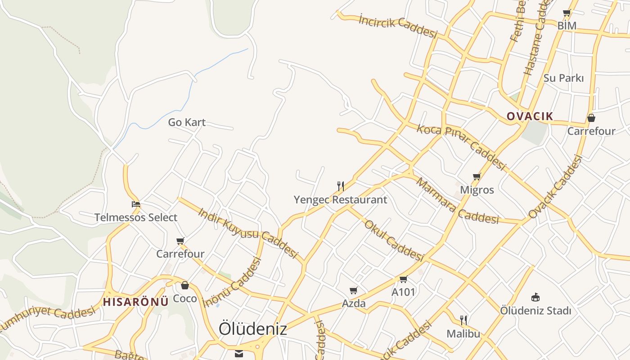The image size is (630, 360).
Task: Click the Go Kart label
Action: click(x=187, y=122)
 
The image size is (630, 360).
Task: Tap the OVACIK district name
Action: click(x=530, y=116)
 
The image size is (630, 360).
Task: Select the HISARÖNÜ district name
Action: click(x=135, y=301)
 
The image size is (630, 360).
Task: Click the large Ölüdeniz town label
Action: click(x=252, y=329)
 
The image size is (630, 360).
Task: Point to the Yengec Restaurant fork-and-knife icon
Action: click(x=341, y=186)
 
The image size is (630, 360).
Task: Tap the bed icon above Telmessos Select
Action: click(x=136, y=204)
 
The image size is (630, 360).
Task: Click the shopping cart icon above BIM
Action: click(x=567, y=13)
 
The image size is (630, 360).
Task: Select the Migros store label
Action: click(x=477, y=190)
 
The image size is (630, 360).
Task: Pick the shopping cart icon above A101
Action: click(x=403, y=279)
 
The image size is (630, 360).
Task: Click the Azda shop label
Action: click(x=354, y=304)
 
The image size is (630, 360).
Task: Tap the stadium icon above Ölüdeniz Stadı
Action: click(x=535, y=297)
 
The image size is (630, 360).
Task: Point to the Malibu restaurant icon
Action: click(x=463, y=320)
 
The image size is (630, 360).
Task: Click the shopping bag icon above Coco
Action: click(x=185, y=285)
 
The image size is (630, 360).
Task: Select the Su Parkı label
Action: click(x=563, y=78)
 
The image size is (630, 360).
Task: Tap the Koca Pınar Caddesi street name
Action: click(x=461, y=146)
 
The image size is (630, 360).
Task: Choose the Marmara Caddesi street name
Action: click(x=457, y=202)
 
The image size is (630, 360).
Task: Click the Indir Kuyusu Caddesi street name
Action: click(x=248, y=233)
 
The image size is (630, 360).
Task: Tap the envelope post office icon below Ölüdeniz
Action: click(x=238, y=354)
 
